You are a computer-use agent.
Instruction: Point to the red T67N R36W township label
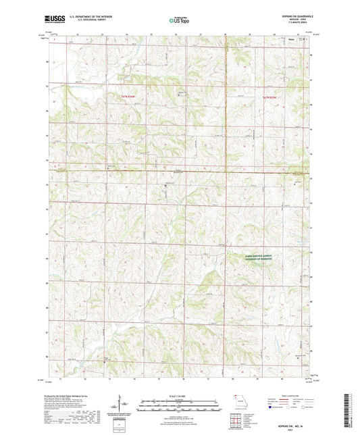[129, 97]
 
